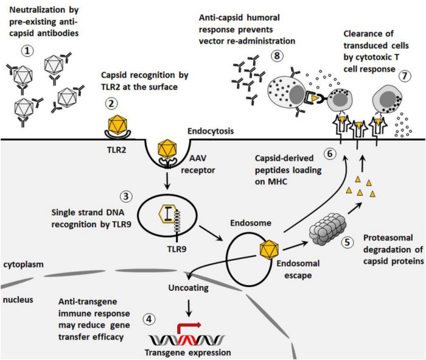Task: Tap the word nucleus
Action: [x=18, y=300]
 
